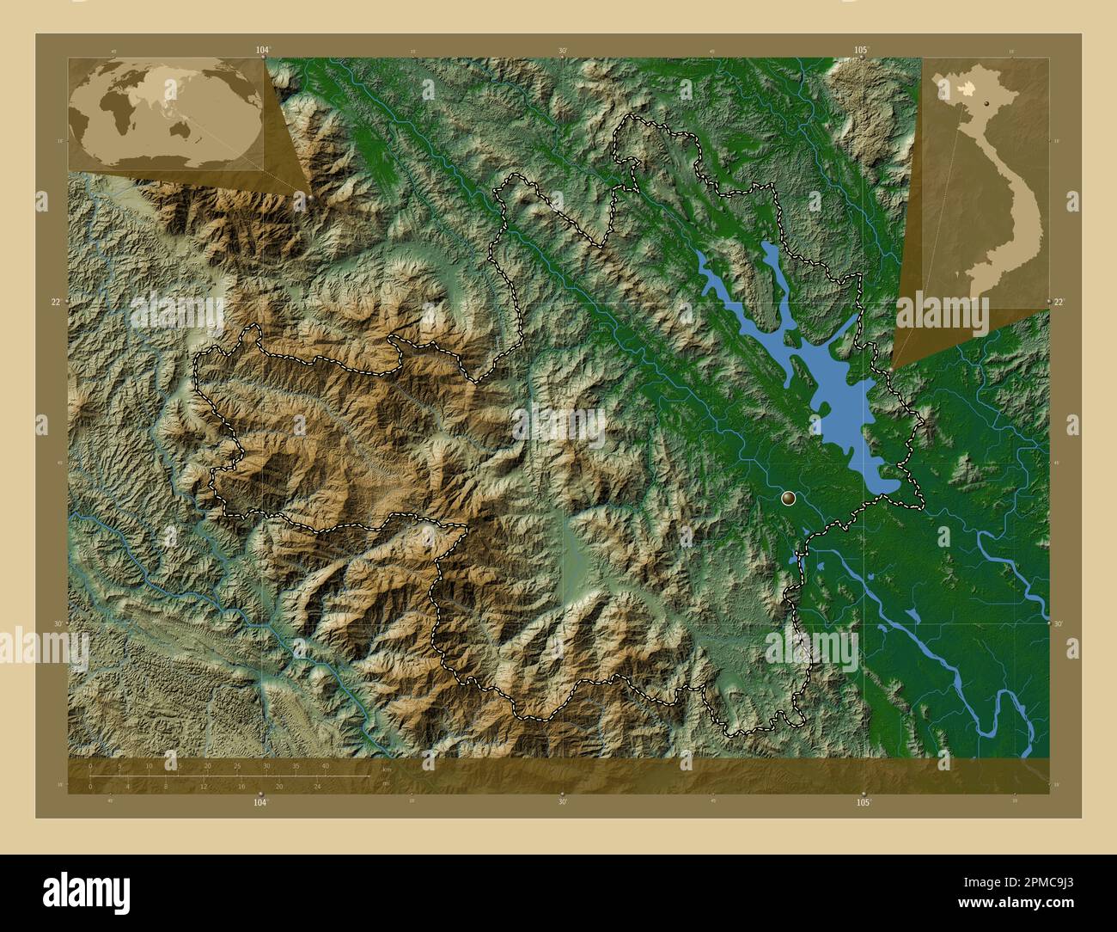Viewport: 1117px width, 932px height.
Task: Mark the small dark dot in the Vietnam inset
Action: pos(986,101)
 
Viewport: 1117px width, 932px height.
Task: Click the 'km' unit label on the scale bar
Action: pos(387,768)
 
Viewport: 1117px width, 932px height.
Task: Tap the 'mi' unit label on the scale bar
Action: pos(386,783)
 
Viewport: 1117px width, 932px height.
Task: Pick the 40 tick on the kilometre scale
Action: pos(325,765)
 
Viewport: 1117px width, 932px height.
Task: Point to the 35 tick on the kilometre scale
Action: pos(296,765)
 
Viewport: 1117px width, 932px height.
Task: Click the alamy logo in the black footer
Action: pos(86,891)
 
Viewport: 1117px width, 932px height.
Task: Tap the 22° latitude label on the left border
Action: pos(57,302)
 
